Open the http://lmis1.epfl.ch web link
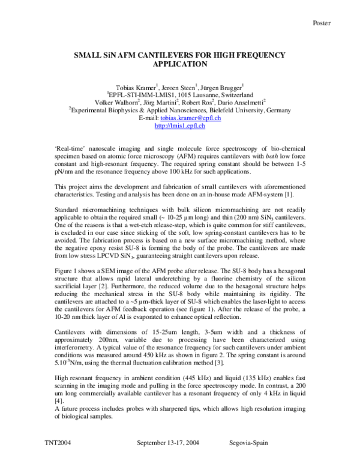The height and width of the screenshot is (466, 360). click(x=179, y=126)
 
